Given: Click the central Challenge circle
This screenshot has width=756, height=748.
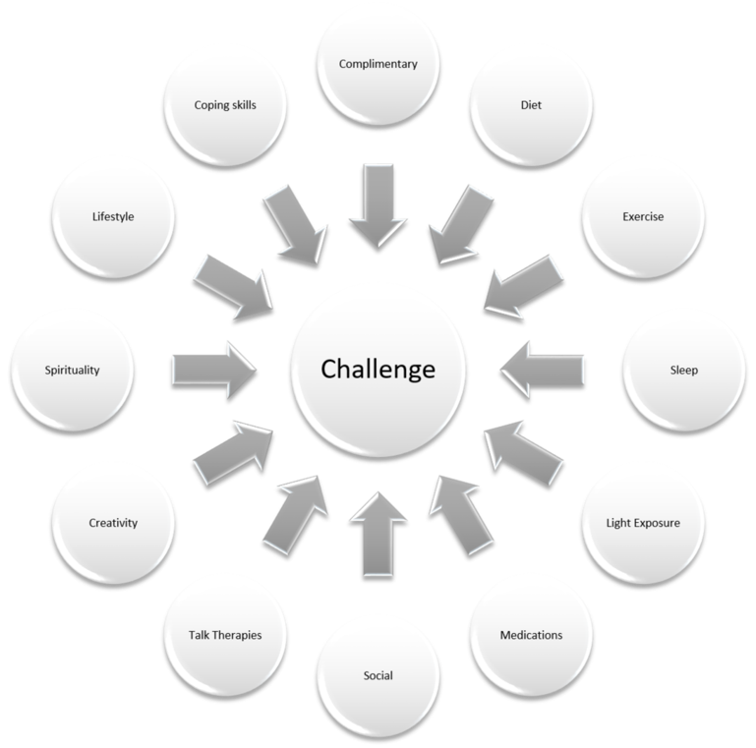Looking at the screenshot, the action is tap(378, 375).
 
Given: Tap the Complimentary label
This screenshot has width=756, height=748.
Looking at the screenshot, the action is tap(378, 64).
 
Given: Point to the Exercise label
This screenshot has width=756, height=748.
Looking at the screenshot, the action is tap(643, 216).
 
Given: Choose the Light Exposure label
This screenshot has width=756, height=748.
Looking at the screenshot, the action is tap(643, 523).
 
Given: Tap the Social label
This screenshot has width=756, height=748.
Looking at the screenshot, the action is tap(378, 675).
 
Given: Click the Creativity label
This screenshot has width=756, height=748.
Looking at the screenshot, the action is tap(113, 523).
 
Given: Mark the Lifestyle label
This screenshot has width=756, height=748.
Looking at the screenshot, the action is tap(113, 216).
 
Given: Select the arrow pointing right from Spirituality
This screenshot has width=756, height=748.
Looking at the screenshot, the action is tap(213, 371).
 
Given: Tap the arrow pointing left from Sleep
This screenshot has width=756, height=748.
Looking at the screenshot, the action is tap(542, 371).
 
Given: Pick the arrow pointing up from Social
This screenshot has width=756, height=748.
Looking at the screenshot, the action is tap(378, 534).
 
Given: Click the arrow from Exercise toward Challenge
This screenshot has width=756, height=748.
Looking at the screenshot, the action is tap(524, 287).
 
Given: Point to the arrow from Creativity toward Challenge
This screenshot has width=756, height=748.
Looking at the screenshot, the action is tap(233, 452).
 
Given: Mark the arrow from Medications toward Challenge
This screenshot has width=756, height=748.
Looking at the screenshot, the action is tap(461, 515).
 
